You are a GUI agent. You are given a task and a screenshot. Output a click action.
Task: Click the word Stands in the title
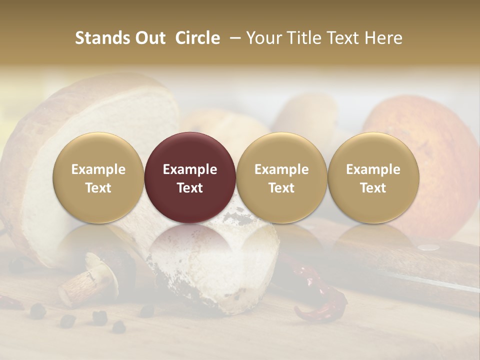pos(101,38)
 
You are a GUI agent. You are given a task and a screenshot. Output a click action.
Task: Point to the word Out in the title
pos(149,38)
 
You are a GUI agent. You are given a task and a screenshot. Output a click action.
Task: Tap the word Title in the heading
pos(307,38)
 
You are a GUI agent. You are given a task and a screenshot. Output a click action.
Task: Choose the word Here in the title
pos(383,38)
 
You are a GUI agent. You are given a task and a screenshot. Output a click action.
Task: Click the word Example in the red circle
pos(190,169)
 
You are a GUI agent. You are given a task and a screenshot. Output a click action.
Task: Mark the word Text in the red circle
pos(190,188)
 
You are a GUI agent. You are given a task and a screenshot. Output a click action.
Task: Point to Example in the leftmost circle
pos(98,169)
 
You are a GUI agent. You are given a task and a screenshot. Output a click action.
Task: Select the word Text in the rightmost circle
pos(373,188)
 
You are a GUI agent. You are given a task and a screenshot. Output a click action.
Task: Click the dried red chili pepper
pos(320,295)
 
